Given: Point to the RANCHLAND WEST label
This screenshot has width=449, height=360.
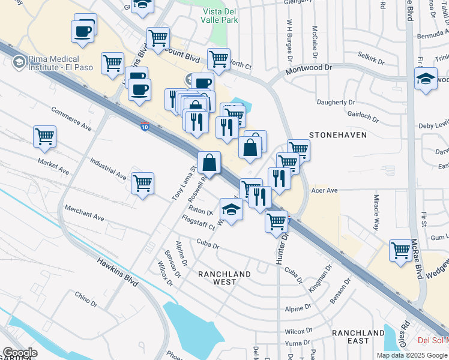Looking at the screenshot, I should [x=224, y=278].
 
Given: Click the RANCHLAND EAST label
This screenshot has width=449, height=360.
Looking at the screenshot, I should [x=358, y=337].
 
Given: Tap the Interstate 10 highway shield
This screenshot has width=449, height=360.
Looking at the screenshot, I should [x=146, y=127].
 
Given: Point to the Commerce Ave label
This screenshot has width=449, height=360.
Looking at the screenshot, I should [x=71, y=119].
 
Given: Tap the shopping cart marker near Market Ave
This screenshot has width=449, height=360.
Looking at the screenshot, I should [x=45, y=137].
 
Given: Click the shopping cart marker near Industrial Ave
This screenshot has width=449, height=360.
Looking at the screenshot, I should [x=143, y=183].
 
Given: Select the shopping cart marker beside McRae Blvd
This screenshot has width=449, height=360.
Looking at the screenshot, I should [x=400, y=250].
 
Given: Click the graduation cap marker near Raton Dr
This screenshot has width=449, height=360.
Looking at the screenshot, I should [x=231, y=209].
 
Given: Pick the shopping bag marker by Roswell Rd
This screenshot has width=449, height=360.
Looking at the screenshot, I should [x=209, y=163].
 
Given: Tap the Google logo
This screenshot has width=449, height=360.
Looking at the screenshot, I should [x=20, y=353].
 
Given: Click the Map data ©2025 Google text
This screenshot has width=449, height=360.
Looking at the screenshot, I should [x=411, y=355].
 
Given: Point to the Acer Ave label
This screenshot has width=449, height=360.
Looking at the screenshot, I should [x=325, y=190].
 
